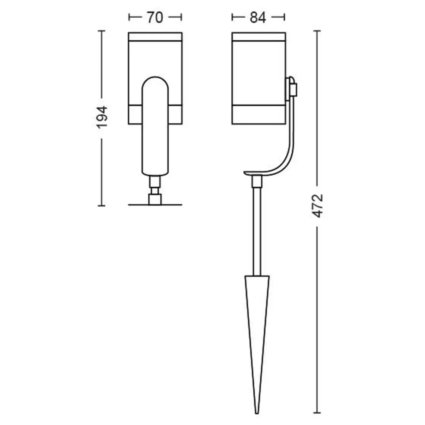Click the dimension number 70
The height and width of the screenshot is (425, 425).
coord(155,18)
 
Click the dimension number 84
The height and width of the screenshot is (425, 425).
coord(258,18)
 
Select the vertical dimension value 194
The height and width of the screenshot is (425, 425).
coord(102,117)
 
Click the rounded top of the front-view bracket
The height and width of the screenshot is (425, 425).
coord(155,78)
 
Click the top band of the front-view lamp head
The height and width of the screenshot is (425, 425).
coord(155,37)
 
